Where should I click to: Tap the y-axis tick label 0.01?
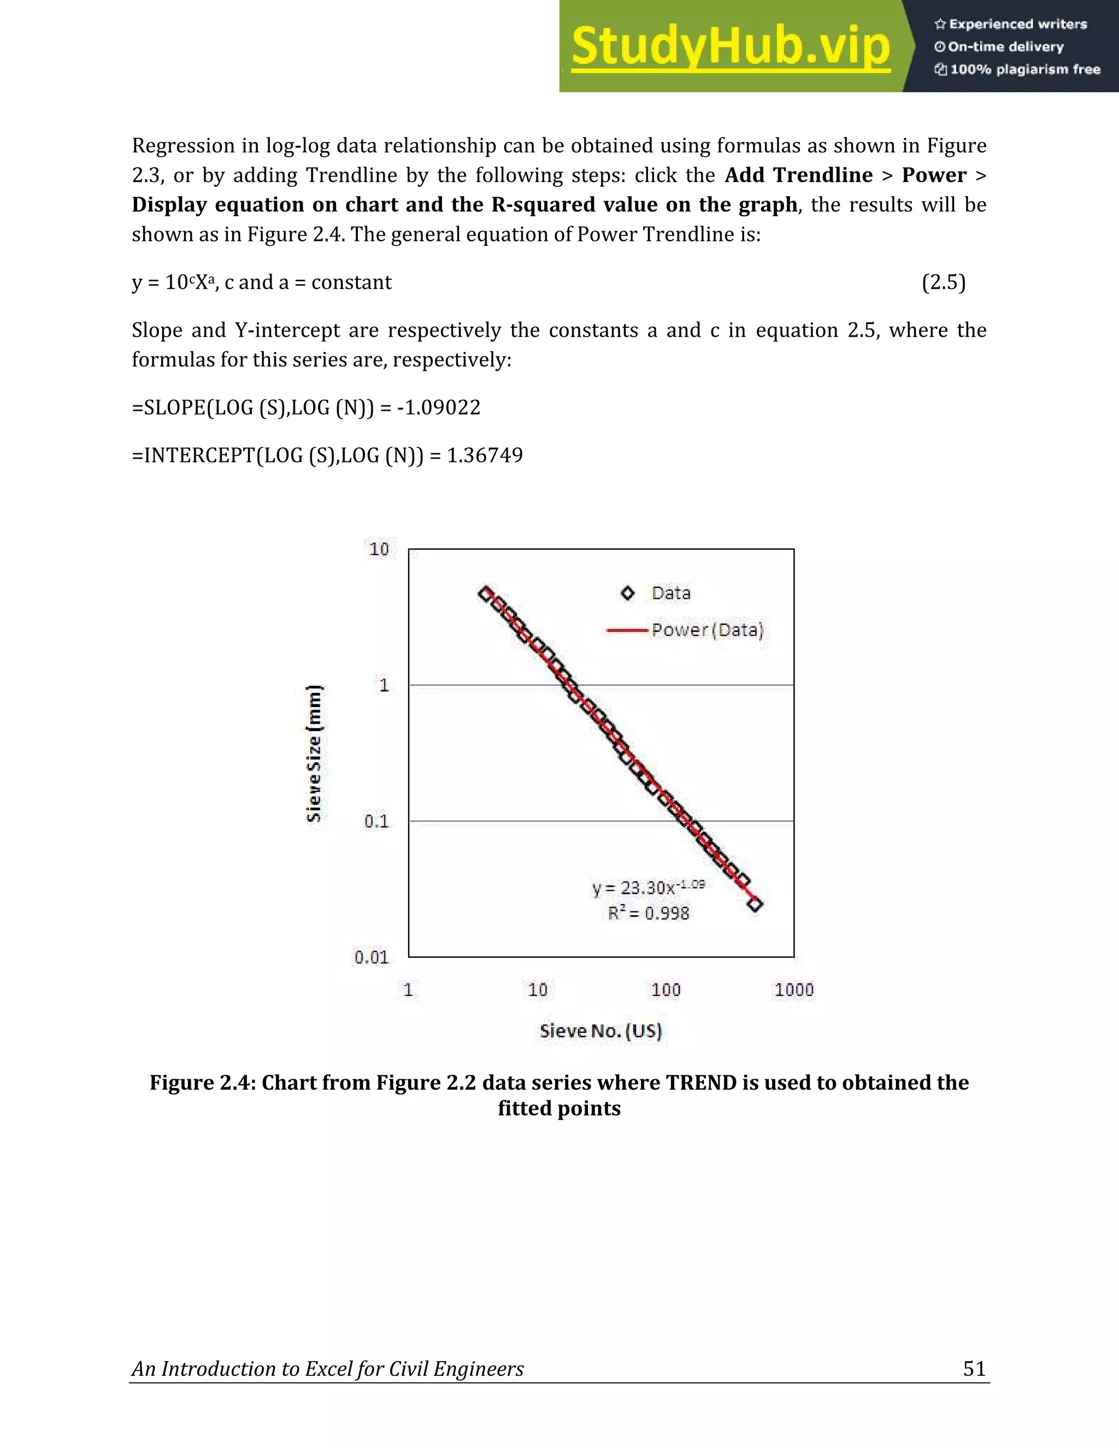[370, 957]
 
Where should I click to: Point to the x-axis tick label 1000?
[793, 990]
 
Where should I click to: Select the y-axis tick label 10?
[379, 549]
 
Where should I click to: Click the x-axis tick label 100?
[665, 990]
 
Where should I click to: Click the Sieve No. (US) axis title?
[600, 1031]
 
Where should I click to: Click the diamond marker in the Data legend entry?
[627, 593]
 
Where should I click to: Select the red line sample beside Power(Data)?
[627, 631]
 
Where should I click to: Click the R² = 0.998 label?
[649, 914]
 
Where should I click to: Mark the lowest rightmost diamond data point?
[755, 904]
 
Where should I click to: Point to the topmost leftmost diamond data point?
[486, 594]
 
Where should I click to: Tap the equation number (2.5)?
[943, 282]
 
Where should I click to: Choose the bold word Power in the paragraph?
[933, 175]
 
